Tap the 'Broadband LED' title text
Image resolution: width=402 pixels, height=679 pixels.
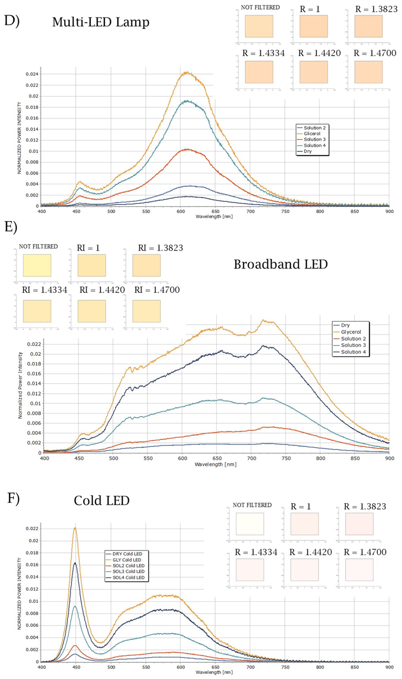point(281,264)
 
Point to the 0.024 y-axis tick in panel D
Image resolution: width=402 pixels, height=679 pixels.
point(32,74)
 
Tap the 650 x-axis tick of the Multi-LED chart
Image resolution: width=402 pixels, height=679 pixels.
point(215,211)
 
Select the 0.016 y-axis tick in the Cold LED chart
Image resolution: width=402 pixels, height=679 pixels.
point(32,565)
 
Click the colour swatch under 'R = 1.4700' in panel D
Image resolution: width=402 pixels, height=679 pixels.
point(368,72)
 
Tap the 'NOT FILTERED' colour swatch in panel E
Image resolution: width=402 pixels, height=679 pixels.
point(37,265)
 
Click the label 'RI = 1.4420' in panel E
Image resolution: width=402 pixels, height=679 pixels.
point(102,290)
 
